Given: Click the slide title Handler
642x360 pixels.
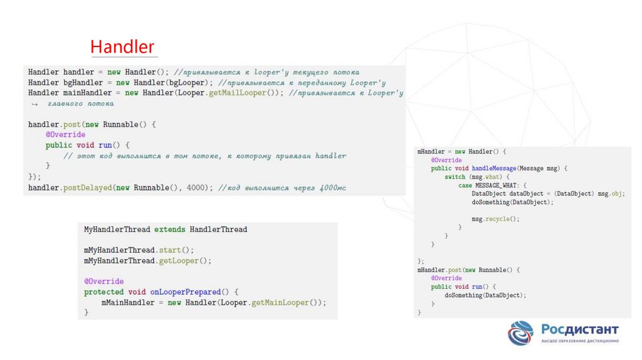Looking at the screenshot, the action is [x=122, y=47].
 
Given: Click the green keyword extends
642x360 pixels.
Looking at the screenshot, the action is [x=170, y=230].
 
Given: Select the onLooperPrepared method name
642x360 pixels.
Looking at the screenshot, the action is [x=186, y=292].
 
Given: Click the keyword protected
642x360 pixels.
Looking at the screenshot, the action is [x=103, y=292].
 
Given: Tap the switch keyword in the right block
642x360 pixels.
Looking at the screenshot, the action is [x=455, y=177].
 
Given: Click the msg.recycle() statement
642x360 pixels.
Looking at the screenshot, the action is [x=495, y=220].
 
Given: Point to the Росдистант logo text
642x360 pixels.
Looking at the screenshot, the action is [x=579, y=329].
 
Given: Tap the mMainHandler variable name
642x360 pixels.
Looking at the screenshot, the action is [x=126, y=303].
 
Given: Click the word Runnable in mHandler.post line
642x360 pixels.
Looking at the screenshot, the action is [x=491, y=270].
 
